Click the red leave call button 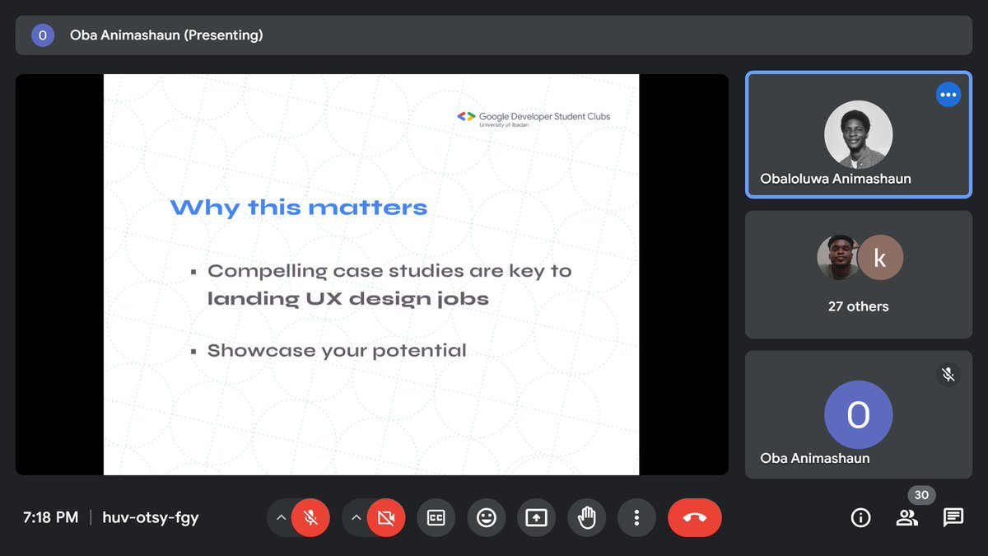(x=694, y=517)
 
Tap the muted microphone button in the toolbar (x=310, y=517)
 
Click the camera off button (x=385, y=517)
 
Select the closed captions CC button (x=436, y=517)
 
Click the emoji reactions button (x=487, y=517)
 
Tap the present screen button (x=536, y=517)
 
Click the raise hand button (x=586, y=517)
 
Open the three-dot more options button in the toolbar (x=636, y=517)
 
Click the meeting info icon (x=860, y=517)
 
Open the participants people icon (x=906, y=517)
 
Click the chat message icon (x=953, y=517)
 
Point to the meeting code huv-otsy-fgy (x=151, y=517)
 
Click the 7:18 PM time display (x=50, y=517)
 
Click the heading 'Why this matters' (x=299, y=207)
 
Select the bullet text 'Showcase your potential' (x=337, y=351)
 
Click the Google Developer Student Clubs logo (x=534, y=118)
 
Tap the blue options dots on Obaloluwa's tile (x=948, y=95)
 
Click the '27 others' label (x=858, y=306)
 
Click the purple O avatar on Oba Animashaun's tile (x=858, y=415)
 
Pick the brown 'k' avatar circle (x=880, y=258)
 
